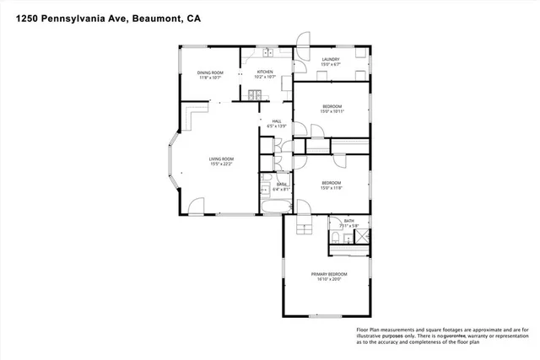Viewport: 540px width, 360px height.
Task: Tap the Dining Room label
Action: point(209,73)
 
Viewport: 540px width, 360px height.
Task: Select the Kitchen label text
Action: point(266,73)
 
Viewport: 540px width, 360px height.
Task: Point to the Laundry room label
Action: point(330,59)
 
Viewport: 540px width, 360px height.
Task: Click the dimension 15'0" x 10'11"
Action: point(331,110)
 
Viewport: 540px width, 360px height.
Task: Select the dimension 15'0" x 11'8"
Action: point(331,188)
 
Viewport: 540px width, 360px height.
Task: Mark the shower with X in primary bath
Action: point(361,239)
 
